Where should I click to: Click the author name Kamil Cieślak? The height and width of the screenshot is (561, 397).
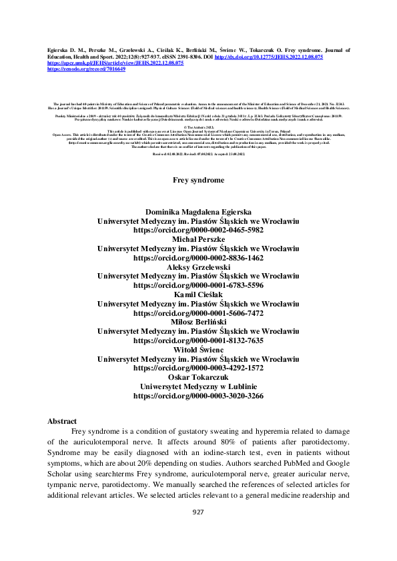coord(198,294)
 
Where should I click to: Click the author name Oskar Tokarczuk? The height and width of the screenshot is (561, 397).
coord(198,377)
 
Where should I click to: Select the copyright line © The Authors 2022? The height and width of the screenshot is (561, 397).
coord(198,125)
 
